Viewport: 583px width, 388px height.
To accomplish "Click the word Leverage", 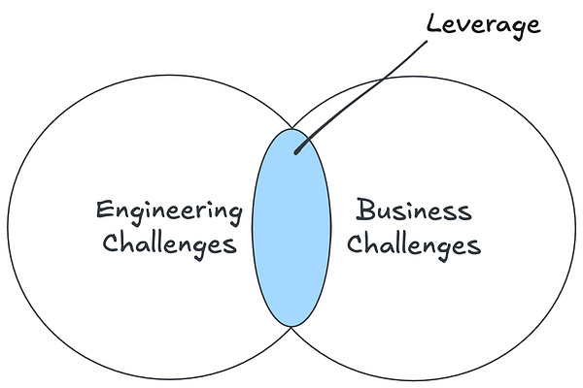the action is click(x=483, y=25).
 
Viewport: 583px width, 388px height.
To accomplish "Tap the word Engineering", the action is click(x=168, y=210).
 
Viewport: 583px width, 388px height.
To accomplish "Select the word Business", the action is click(x=413, y=210).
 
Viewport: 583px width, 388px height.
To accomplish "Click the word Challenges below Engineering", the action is click(x=169, y=244).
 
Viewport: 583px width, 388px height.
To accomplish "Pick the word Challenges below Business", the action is click(x=414, y=244).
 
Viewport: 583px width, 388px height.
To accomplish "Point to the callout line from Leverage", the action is click(x=360, y=87).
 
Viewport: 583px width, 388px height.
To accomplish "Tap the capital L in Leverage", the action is click(x=432, y=23).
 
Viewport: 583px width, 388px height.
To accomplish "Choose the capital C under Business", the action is click(x=355, y=242).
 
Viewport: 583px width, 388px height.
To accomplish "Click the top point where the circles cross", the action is click(x=290, y=126).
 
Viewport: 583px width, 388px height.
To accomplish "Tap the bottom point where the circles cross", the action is click(x=290, y=328).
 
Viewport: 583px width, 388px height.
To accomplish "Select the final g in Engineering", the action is click(x=232, y=215).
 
